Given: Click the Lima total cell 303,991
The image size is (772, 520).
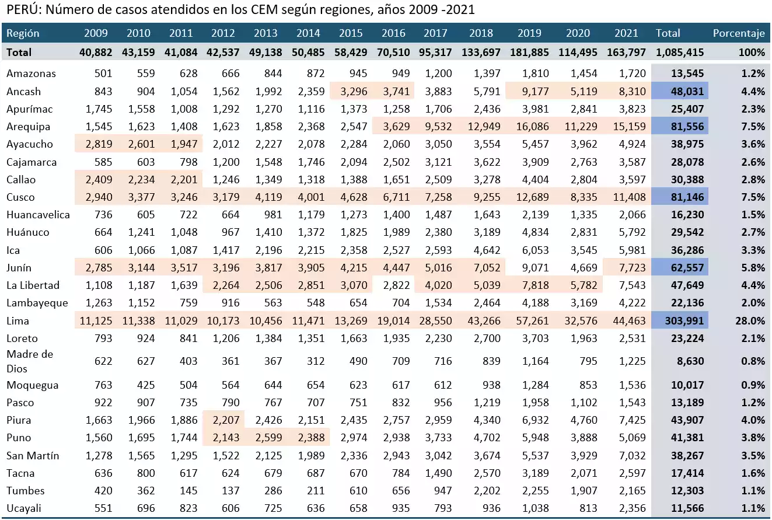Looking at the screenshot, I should [682, 320].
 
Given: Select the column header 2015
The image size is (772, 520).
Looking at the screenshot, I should [351, 33].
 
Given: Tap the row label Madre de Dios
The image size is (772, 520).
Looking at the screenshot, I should [30, 361].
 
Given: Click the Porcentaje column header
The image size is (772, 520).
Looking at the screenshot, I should [738, 33].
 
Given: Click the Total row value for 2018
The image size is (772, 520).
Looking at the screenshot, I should [481, 52].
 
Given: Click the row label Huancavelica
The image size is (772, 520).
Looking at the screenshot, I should [38, 215].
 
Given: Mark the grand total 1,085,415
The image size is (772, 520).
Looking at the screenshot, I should [679, 52].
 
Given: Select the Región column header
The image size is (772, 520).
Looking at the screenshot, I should [23, 33].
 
